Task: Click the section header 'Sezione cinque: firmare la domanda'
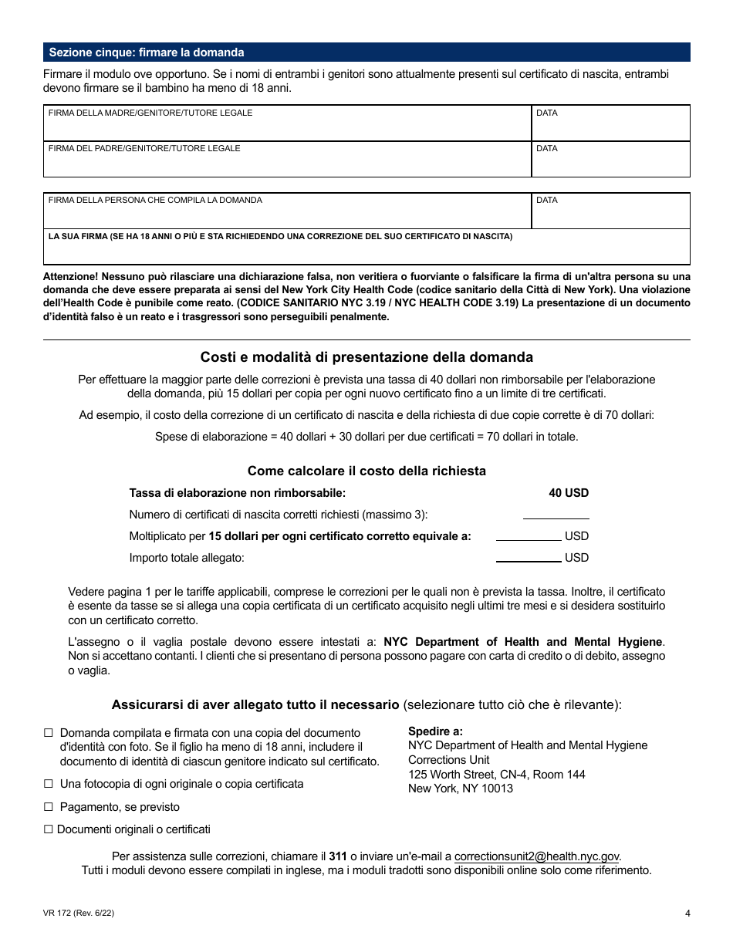[147, 52]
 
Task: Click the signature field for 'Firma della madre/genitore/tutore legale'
[287, 127]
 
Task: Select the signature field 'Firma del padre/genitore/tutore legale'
[287, 162]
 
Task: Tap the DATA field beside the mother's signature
[610, 127]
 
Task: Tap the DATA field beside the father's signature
[610, 162]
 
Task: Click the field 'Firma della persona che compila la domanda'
[287, 214]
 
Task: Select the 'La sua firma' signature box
[366, 250]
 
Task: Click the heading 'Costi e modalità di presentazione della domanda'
[366, 357]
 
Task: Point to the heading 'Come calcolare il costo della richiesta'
[366, 471]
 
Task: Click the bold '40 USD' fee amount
[569, 493]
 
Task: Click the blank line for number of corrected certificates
[556, 514]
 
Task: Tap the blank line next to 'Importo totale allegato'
[529, 557]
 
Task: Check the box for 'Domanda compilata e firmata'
[49, 733]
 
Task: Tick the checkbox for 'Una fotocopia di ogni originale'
[49, 784]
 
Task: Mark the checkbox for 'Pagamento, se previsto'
[49, 807]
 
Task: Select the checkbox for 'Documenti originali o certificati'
[49, 829]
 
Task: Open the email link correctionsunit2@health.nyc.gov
[536, 856]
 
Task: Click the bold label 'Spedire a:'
[435, 731]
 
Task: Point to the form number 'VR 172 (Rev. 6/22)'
[79, 914]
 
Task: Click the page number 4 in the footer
[687, 914]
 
